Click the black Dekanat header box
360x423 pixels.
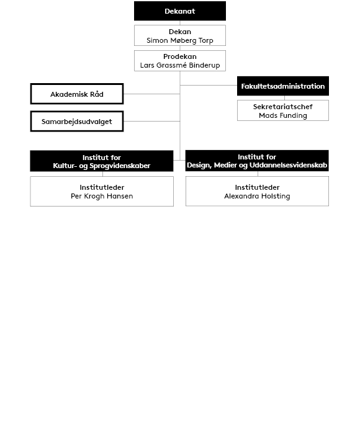[180, 11]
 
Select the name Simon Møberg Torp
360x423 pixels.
[180, 40]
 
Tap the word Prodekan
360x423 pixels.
[180, 56]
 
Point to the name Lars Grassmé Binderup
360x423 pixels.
[180, 65]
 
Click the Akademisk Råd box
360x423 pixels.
[77, 94]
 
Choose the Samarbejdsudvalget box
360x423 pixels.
[77, 122]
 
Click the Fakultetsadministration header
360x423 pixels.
[283, 86]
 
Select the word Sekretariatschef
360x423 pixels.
[283, 107]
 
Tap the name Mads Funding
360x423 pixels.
[283, 115]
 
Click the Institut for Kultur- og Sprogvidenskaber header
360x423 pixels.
[102, 161]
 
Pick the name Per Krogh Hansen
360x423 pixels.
[102, 196]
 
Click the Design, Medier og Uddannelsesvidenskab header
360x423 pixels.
[257, 161]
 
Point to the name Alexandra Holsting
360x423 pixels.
[257, 196]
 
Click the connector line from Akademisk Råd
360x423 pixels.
[152, 94]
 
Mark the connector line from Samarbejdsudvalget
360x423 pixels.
[152, 121]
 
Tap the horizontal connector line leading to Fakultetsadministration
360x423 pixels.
[209, 85]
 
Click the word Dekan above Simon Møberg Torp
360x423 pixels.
[180, 32]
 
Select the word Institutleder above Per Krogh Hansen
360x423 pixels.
[102, 187]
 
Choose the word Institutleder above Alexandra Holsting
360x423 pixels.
[257, 187]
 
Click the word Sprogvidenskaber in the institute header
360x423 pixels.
[120, 166]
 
